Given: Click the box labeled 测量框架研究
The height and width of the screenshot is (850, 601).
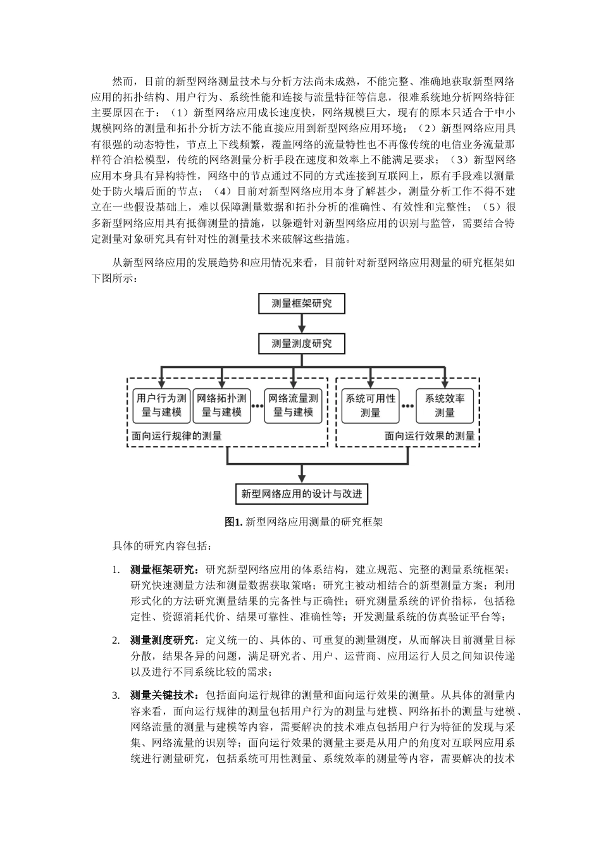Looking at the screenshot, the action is click(301, 304).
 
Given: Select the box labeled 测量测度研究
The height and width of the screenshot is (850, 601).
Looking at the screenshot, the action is click(301, 344).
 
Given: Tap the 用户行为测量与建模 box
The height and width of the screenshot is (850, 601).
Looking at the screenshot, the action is click(162, 405).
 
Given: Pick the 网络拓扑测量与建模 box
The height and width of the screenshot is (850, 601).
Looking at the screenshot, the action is click(222, 405).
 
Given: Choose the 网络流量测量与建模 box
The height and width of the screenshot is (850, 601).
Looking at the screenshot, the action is click(294, 405).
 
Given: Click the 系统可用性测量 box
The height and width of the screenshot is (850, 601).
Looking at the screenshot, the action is click(370, 405).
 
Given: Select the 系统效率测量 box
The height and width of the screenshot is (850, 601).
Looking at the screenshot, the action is click(445, 405).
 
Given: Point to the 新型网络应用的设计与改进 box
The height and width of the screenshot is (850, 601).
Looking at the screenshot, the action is click(301, 494).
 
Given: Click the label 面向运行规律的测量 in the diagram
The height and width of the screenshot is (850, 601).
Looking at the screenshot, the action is click(177, 436).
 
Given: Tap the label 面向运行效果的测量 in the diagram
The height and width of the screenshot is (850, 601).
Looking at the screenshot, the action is click(430, 436).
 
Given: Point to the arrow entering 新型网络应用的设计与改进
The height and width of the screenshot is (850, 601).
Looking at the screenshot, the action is click(301, 474).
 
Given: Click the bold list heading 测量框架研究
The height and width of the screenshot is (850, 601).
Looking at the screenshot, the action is click(163, 569).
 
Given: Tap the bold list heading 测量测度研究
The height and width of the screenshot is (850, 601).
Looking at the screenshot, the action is click(163, 640).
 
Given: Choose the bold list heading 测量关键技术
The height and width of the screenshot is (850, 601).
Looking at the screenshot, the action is click(163, 696).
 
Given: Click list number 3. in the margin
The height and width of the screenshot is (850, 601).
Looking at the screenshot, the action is click(116, 696).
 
